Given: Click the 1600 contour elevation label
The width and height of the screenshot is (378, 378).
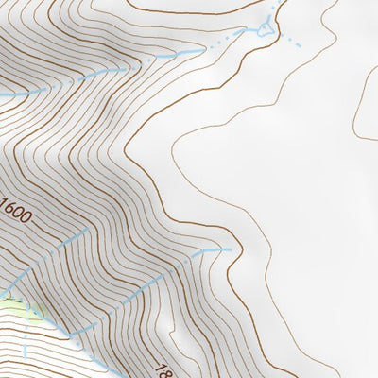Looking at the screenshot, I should coord(17,210).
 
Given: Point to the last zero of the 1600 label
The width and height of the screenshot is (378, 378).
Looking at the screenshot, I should coord(27,217).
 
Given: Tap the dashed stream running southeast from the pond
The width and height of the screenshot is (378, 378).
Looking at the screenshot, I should coord(294,42).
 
